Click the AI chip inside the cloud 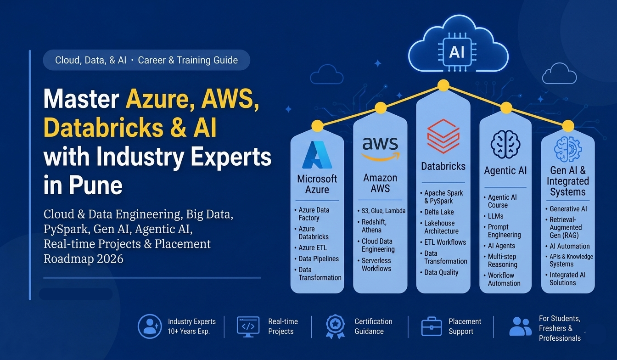click(457, 52)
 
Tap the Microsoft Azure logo click(317, 155)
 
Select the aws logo click(380, 149)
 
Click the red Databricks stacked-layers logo click(443, 136)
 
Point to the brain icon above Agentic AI click(505, 144)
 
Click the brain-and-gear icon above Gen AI click(568, 149)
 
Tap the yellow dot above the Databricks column click(443, 85)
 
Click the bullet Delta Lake click(439, 212)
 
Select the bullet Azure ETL click(313, 247)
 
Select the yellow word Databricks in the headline click(104, 128)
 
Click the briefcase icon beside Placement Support click(432, 326)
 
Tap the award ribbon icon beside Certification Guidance click(335, 326)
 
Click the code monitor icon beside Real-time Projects click(248, 327)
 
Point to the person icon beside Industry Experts click(150, 326)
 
